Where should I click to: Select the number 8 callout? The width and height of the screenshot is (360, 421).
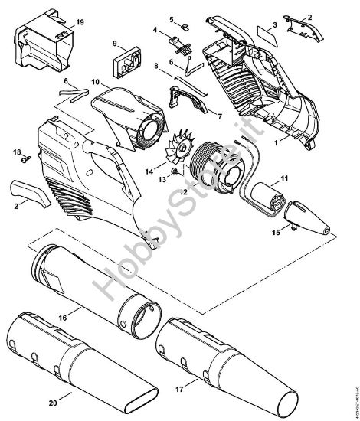point(156,67)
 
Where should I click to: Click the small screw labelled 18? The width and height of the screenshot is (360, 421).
point(24,158)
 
